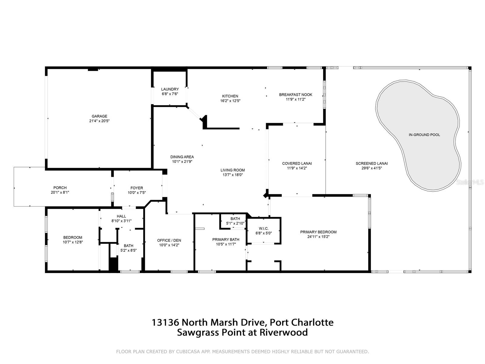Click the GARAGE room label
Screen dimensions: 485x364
pos(99,116)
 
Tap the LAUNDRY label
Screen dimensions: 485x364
pos(170,89)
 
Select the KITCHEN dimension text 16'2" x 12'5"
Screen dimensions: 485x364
pos(230,101)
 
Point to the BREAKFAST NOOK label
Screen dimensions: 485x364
pos(296,95)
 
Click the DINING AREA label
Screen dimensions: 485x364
pos(182,157)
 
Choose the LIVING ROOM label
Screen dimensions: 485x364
pos(232,170)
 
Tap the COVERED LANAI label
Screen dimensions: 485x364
pos(297,163)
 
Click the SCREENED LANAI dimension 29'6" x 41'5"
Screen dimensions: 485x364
pos(371,168)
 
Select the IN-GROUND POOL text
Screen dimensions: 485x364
pos(424,135)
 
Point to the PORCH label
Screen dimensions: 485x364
pos(60,188)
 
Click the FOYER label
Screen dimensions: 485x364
pos(136,188)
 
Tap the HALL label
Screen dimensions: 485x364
pos(121,216)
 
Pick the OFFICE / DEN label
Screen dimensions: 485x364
pos(169,241)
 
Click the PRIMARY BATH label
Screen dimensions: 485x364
pos(226,240)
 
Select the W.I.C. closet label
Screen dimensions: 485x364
pos(263,228)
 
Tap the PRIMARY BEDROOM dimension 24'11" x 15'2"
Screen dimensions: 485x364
pos(318,237)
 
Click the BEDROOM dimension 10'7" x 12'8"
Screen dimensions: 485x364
pos(73,242)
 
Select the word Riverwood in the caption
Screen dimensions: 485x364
pos(283,332)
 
